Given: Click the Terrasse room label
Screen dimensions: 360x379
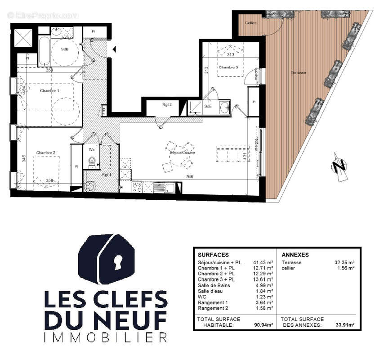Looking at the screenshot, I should click(x=298, y=72).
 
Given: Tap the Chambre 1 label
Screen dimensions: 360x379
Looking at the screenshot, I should click(x=49, y=91).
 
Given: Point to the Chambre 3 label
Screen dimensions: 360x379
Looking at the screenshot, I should click(x=228, y=67).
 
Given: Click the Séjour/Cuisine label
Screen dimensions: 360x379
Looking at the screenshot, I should click(x=182, y=153).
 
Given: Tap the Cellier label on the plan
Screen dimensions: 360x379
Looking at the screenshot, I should click(x=250, y=23).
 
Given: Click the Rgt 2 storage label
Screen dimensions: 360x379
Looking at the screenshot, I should click(x=167, y=105).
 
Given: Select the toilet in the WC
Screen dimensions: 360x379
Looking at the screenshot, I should click(x=93, y=161).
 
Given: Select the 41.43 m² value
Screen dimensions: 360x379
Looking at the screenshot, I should click(x=265, y=262).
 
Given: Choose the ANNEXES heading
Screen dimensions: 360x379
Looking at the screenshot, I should click(x=295, y=255).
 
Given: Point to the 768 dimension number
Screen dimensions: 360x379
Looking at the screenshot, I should click(x=189, y=177).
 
